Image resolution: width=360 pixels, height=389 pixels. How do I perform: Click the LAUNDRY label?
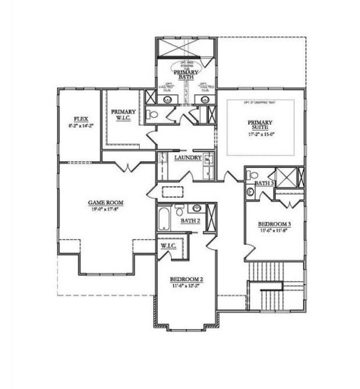pos(188,157)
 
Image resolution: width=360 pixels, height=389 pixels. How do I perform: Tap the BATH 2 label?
pos(191,220)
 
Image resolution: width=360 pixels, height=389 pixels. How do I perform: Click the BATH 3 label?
pos(263,184)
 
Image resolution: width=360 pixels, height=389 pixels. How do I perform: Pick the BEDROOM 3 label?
pos(274,224)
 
